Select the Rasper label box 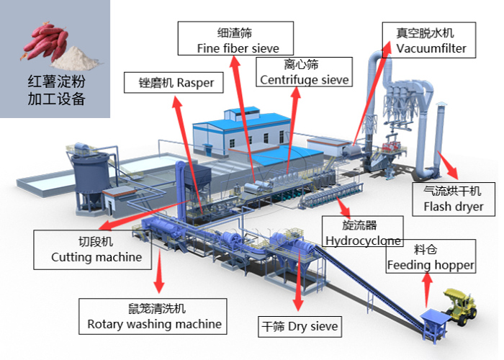[171, 83]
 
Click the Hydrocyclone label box [362, 231]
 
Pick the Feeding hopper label [431, 257]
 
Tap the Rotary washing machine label [154, 316]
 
